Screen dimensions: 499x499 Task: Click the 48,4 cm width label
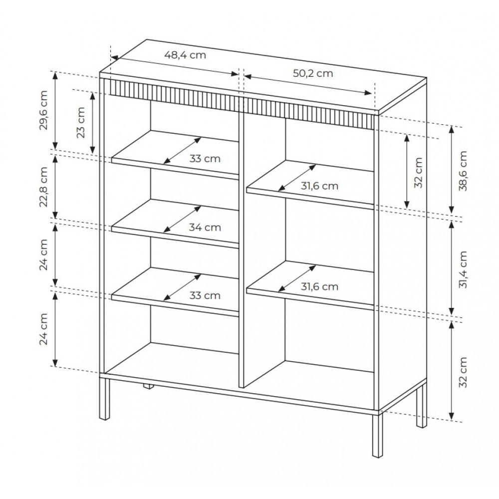185,55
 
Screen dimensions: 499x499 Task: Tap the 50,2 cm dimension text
313,73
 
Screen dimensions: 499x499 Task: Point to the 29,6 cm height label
43,110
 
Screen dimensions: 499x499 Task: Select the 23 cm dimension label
81,122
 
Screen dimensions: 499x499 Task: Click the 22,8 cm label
43,187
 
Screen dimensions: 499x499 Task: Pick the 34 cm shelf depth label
205,227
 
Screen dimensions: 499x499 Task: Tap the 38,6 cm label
463,171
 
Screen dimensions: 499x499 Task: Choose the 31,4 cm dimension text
463,270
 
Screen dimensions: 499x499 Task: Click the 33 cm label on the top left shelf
205,159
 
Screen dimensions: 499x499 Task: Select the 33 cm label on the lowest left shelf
205,295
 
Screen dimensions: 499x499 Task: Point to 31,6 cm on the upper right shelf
319,186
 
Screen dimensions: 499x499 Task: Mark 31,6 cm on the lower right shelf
319,287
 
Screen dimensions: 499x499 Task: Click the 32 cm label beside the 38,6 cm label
419,173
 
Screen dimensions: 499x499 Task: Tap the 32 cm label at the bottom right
463,372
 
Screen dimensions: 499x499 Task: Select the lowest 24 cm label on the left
43,329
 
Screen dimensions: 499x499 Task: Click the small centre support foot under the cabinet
148,386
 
